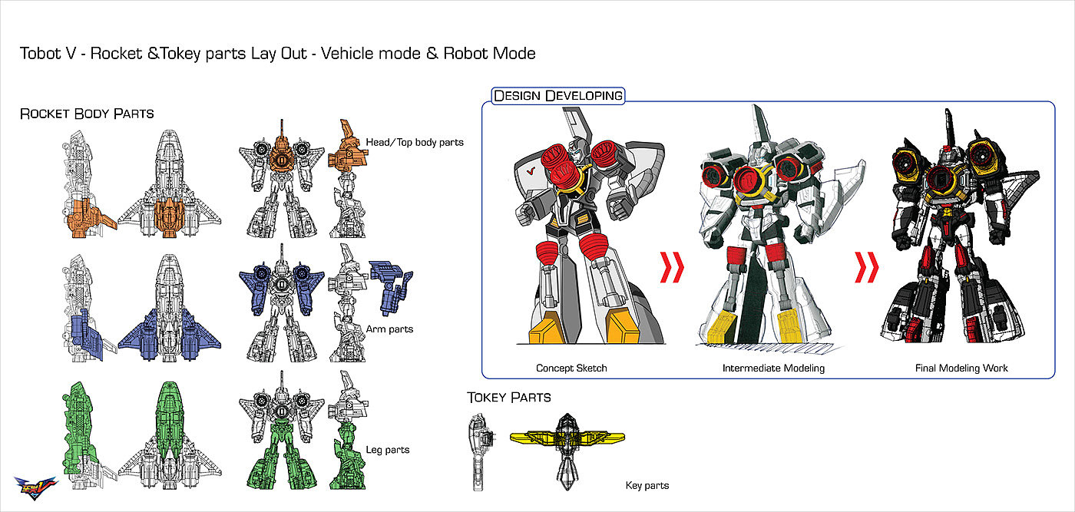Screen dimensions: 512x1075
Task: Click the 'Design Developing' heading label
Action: pos(558,96)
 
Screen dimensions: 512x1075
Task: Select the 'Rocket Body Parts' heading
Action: pos(87,114)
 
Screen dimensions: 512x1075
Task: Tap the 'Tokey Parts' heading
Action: pos(508,397)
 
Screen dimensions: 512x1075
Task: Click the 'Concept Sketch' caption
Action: pos(571,368)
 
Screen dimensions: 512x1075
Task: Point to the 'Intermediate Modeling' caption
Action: pos(773,368)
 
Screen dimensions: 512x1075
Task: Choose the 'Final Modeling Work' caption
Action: pos(961,368)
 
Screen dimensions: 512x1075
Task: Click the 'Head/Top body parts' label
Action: pos(415,142)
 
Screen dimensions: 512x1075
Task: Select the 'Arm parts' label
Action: pos(389,329)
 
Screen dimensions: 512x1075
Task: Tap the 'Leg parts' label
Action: pos(389,450)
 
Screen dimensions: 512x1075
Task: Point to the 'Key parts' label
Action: pos(647,485)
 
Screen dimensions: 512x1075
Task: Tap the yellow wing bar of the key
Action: pos(568,438)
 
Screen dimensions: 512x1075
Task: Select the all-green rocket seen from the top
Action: pos(168,430)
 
